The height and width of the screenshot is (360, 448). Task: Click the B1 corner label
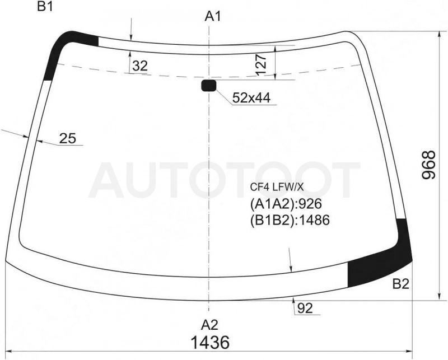[45, 7]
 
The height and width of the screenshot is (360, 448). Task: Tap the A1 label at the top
[213, 17]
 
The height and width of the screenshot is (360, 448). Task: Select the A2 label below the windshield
[209, 325]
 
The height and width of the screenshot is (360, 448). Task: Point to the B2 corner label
[401, 284]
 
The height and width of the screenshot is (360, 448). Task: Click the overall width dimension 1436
[210, 342]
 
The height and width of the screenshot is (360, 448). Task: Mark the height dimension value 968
[428, 165]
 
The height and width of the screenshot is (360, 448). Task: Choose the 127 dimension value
[262, 65]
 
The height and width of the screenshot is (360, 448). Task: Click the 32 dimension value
[140, 66]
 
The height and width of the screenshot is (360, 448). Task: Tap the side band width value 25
[68, 138]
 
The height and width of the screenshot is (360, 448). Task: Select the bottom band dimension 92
[305, 308]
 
